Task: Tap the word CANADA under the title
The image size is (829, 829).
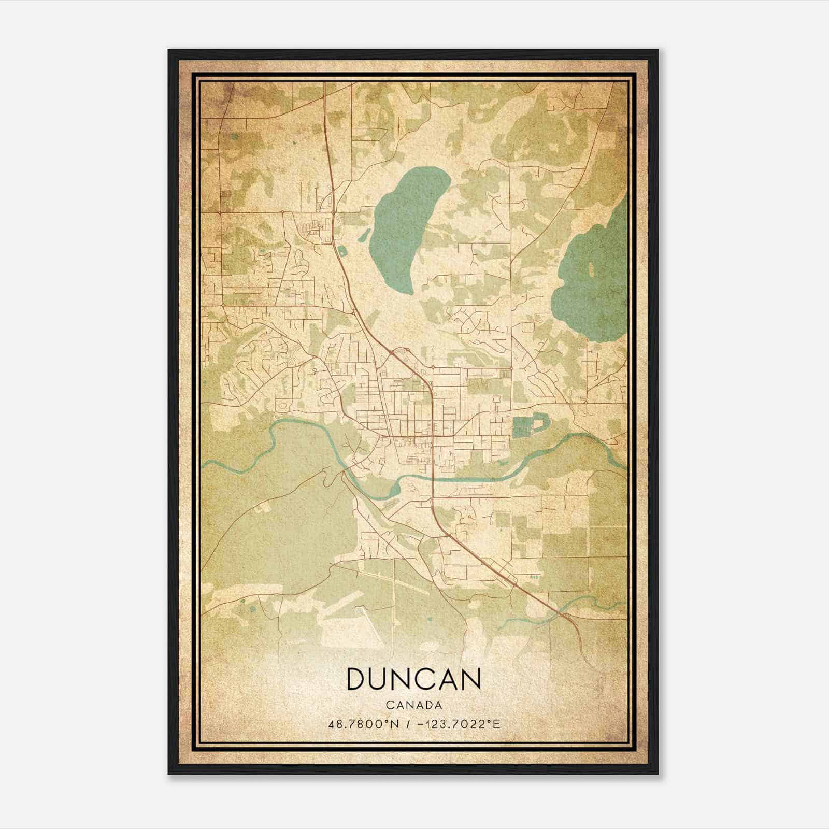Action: pos(413,705)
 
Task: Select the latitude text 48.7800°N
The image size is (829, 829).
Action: pos(363,724)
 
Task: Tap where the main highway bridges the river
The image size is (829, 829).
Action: pos(432,479)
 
